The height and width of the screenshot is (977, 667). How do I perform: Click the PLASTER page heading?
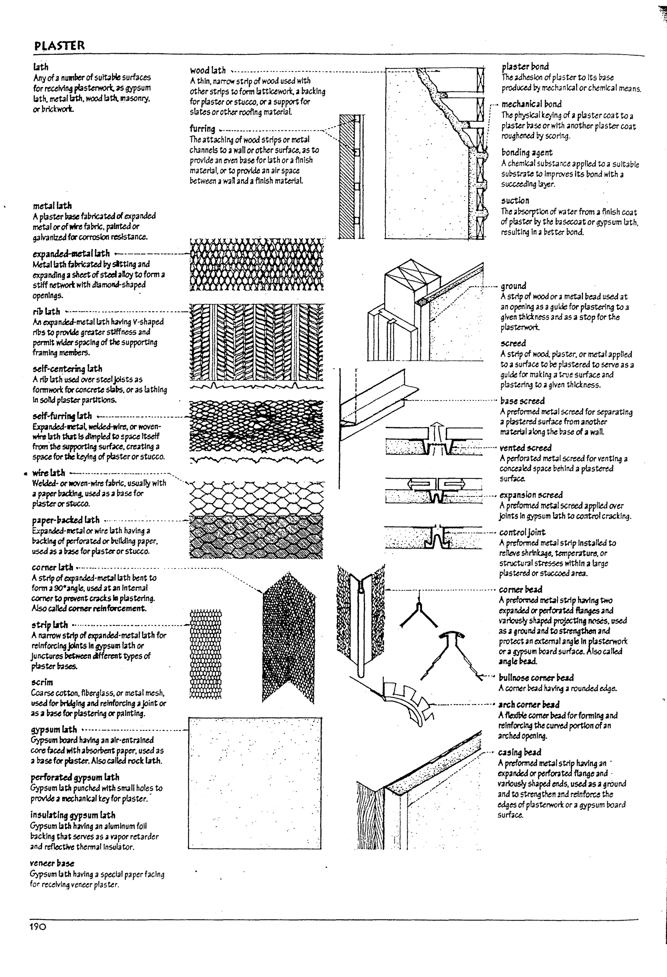click(x=59, y=45)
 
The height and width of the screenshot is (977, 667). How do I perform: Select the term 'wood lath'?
click(x=208, y=70)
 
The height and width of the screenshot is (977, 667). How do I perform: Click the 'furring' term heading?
click(x=202, y=129)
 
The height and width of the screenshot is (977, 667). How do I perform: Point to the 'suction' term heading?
click(x=515, y=201)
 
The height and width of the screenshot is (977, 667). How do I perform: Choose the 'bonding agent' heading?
click(x=527, y=153)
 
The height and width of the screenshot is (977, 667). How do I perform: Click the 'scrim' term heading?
click(x=42, y=682)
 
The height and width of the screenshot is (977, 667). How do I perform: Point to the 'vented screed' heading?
click(x=525, y=448)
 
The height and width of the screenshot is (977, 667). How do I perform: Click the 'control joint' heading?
click(x=522, y=532)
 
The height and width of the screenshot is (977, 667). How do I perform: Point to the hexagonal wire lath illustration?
click(x=257, y=498)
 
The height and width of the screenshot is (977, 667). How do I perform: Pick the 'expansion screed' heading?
click(x=531, y=495)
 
